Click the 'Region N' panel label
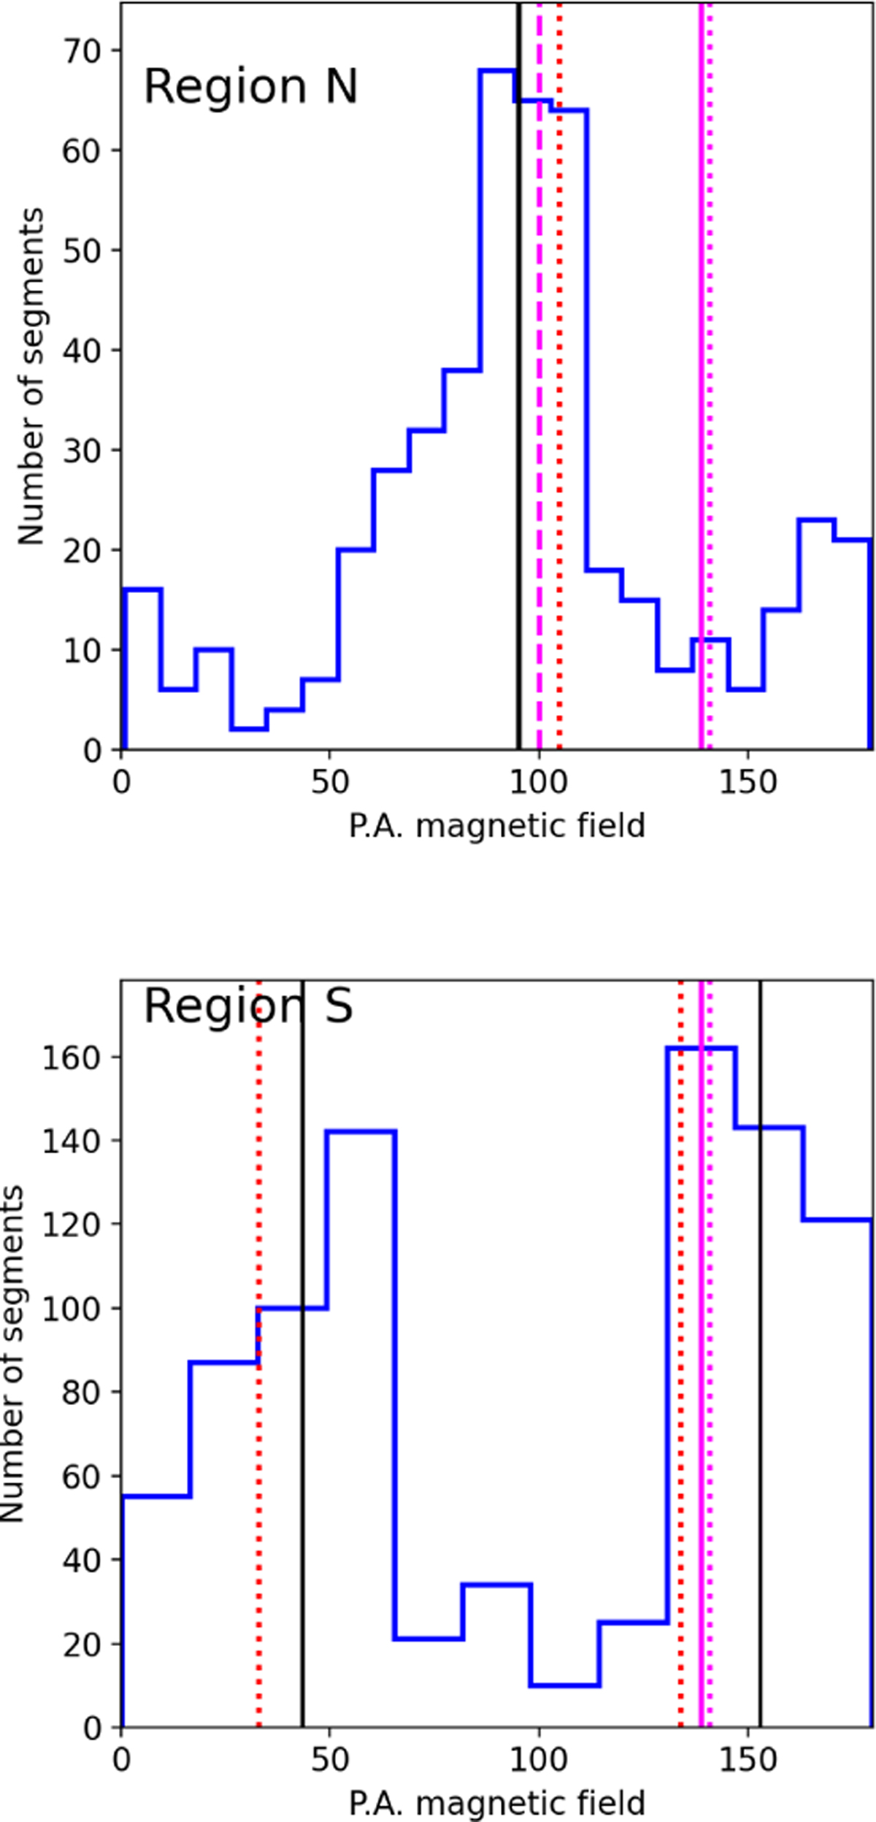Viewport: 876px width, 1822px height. point(250,87)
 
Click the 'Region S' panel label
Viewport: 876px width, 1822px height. point(248,1007)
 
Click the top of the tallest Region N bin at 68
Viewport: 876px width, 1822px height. point(497,70)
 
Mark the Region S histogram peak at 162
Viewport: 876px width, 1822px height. point(701,1049)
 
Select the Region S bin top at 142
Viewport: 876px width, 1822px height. point(361,1131)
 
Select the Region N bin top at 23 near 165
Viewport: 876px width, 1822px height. point(817,519)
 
